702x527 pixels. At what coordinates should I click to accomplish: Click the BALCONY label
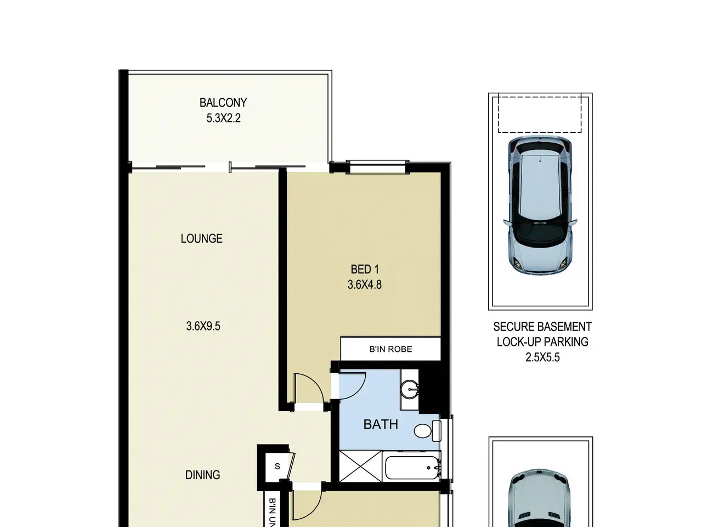tap(223, 103)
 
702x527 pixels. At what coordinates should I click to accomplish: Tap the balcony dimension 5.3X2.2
tap(223, 119)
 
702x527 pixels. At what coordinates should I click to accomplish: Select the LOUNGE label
tap(201, 238)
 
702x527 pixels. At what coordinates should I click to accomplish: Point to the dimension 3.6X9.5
tap(203, 326)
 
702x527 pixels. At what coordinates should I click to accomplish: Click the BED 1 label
tap(365, 270)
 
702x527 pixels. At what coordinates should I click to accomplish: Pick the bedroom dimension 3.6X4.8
tap(365, 284)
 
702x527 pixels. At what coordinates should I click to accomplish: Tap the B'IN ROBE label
tap(390, 349)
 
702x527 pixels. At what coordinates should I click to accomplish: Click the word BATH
tap(381, 424)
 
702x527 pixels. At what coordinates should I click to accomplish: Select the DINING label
tap(202, 474)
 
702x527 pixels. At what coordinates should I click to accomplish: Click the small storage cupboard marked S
tap(277, 466)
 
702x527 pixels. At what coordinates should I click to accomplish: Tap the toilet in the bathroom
tap(427, 431)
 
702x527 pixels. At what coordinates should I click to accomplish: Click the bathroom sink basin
tap(410, 390)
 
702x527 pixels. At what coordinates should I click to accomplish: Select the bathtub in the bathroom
tap(412, 468)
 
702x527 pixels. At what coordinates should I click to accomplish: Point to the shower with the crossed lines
tap(360, 466)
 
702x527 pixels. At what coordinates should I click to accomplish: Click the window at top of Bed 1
tap(378, 167)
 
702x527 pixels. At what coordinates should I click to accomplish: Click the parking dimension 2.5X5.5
tap(543, 357)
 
